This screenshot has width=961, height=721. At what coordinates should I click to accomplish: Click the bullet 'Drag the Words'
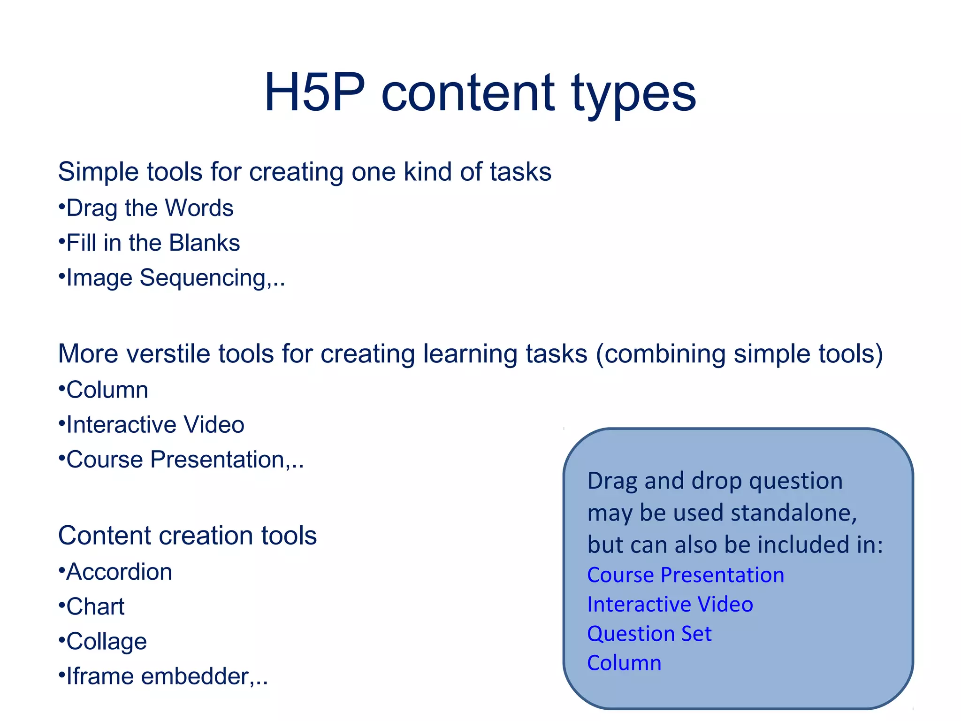click(x=149, y=208)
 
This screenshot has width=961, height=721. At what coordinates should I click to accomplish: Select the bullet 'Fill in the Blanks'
click(x=153, y=243)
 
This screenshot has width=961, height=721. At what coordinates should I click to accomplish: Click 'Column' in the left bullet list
click(x=107, y=390)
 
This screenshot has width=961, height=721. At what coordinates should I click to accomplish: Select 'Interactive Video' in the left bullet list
click(x=155, y=425)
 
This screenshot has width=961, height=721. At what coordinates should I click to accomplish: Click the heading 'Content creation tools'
click(x=187, y=536)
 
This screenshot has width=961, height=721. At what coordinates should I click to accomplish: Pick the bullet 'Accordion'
click(x=119, y=572)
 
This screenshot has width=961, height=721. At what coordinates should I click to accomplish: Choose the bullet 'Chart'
click(x=95, y=607)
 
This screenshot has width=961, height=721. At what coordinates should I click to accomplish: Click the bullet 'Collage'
click(x=106, y=642)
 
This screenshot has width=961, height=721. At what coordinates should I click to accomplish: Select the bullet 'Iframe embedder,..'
click(x=167, y=676)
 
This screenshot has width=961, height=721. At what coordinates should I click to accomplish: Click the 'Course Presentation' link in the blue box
click(x=685, y=575)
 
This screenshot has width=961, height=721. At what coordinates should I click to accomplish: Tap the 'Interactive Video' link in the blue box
click(x=670, y=605)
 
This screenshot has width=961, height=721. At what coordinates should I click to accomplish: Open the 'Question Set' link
click(x=649, y=634)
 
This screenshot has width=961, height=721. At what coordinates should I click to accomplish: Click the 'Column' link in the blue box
click(x=624, y=663)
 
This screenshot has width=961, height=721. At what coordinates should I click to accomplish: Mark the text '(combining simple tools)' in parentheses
click(x=739, y=354)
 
